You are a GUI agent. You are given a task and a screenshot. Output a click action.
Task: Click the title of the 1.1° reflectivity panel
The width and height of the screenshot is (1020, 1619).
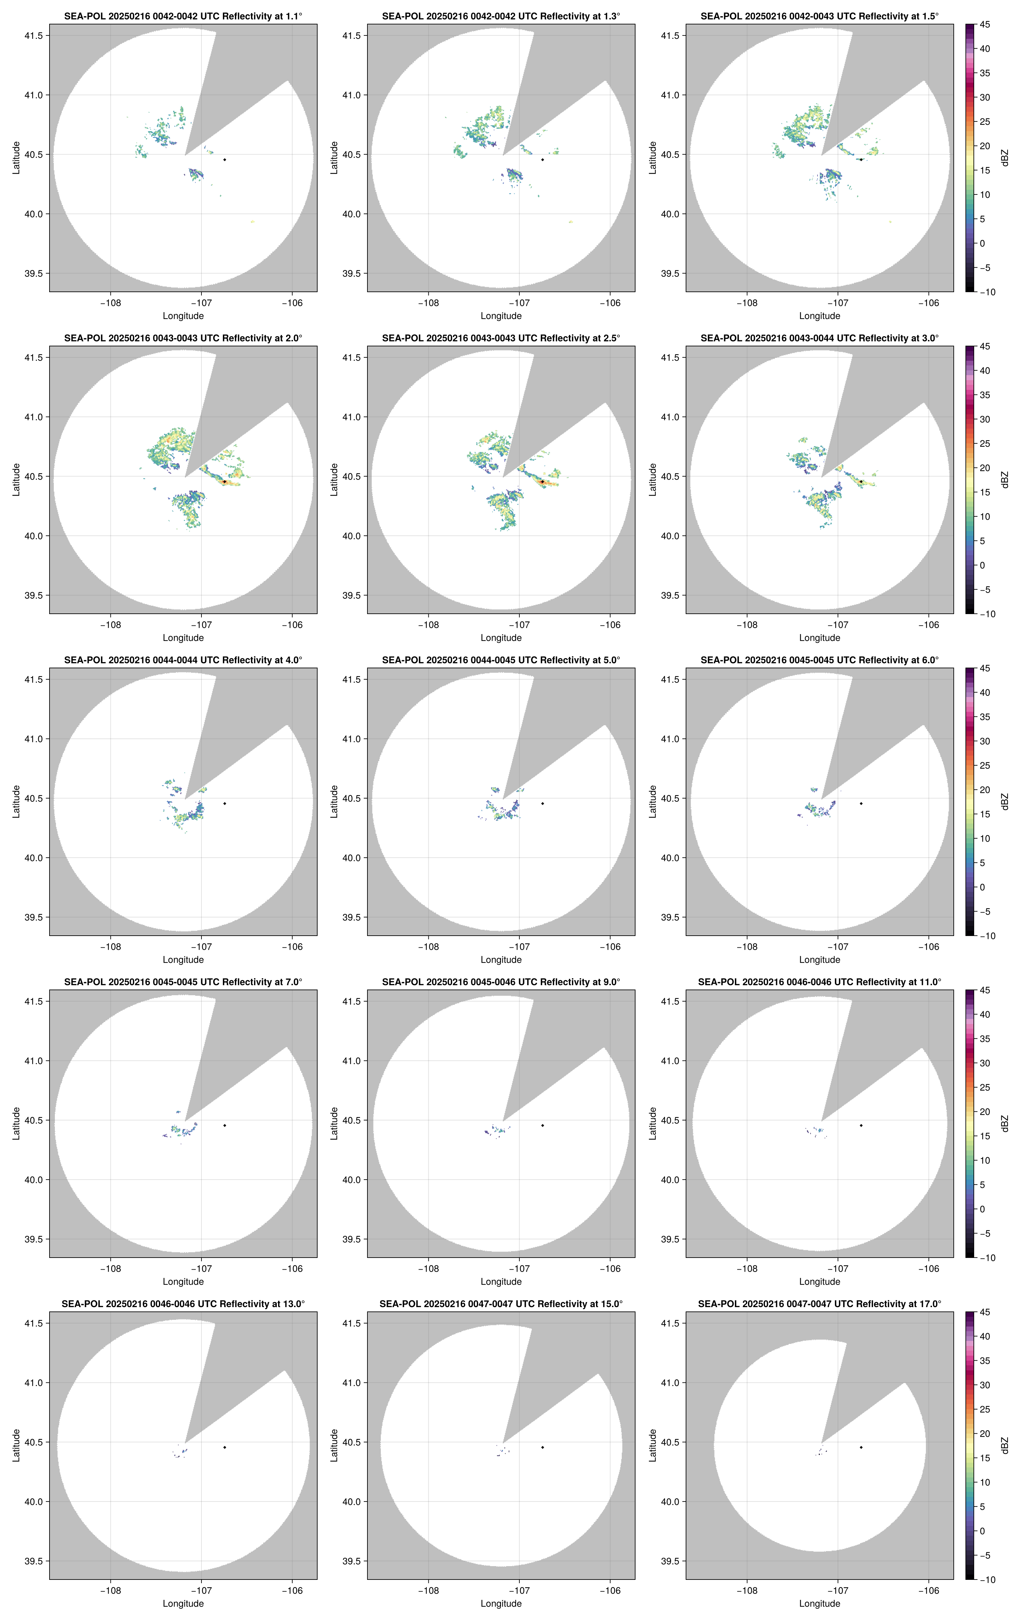coord(183,16)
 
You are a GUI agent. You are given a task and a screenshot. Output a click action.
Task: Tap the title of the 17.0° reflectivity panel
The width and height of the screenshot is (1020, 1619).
coord(820,1304)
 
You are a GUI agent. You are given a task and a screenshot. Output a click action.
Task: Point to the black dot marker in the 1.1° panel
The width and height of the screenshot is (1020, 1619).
coord(225,159)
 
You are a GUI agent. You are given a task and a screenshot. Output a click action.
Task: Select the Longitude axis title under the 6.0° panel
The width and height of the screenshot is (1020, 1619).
coord(820,959)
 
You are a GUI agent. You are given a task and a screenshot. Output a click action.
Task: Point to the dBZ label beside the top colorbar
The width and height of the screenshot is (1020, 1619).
coord(1005,158)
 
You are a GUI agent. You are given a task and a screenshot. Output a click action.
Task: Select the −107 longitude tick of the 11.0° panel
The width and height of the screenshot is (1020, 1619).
coord(838,1269)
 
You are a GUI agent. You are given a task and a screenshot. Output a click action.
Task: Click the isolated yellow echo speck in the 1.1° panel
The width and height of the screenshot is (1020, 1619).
coord(252,221)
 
